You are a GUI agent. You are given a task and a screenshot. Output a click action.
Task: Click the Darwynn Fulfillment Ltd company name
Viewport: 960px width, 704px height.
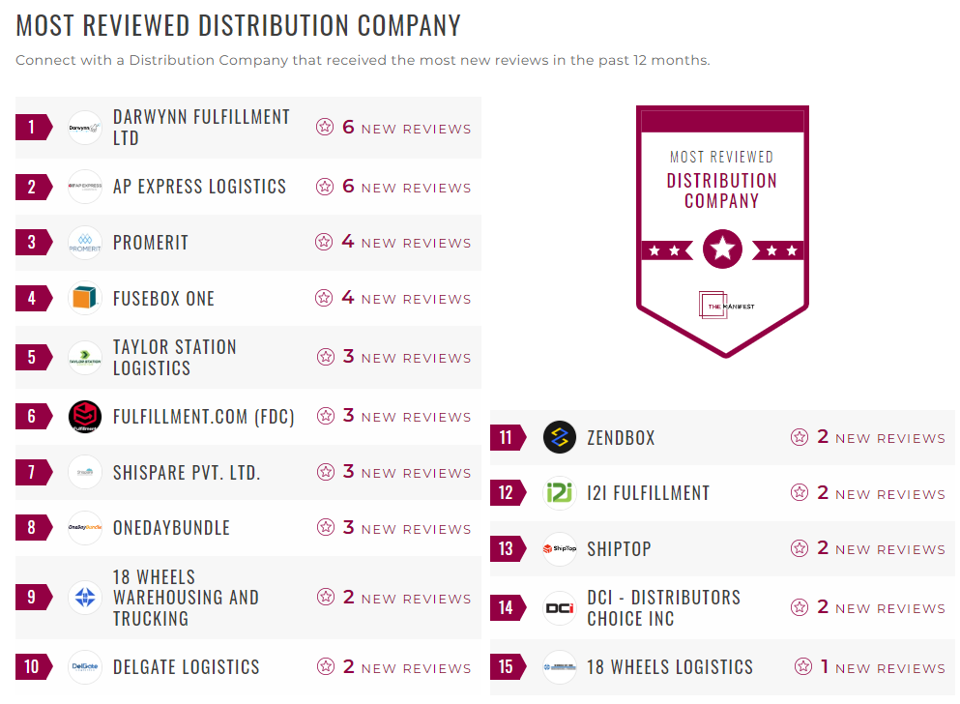click(201, 127)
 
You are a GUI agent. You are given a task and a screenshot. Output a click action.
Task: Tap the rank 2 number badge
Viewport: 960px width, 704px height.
click(32, 187)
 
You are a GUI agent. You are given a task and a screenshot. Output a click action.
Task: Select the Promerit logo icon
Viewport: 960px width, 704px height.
click(85, 243)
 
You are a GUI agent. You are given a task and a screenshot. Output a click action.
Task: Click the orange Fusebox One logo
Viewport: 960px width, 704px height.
click(85, 298)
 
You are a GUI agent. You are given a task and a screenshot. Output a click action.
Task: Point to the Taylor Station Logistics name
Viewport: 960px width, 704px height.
click(175, 357)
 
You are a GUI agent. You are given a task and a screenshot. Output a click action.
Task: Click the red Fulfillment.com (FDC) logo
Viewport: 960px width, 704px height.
click(85, 417)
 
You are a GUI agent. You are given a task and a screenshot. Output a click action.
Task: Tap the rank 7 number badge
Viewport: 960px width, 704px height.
click(32, 473)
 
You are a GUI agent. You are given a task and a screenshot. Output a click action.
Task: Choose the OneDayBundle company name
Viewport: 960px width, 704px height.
click(171, 528)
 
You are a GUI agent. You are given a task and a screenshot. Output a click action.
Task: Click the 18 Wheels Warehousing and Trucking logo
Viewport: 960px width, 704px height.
click(85, 598)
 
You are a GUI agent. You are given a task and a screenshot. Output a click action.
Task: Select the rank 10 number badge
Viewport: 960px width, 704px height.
click(32, 667)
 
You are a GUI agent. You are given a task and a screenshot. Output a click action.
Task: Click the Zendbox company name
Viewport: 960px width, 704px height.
click(621, 437)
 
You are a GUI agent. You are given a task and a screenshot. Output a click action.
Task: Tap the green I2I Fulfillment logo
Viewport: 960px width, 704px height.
click(560, 493)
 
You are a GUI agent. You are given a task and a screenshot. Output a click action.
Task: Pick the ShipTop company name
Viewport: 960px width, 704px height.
click(619, 548)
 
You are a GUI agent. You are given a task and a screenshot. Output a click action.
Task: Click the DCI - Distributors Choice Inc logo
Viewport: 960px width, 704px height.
click(560, 607)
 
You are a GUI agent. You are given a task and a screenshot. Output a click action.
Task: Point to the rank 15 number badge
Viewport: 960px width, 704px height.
click(506, 667)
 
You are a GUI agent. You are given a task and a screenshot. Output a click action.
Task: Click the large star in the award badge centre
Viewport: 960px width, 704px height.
click(722, 249)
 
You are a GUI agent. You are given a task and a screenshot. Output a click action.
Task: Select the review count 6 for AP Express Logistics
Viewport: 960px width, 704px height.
click(348, 186)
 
